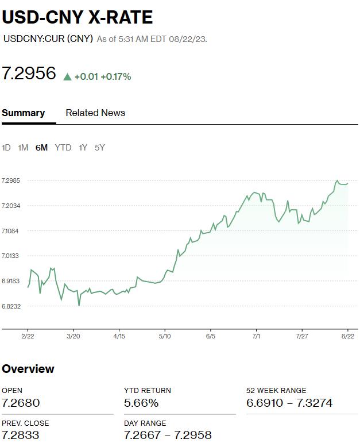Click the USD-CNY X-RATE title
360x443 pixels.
78,17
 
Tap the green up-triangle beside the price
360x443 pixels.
67,76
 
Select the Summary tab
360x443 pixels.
23,113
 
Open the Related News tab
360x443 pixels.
95,113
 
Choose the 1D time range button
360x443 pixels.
6,148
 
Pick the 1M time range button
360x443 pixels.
23,148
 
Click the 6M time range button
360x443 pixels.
41,148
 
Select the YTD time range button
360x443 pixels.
63,148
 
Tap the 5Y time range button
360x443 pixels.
100,148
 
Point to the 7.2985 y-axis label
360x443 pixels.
11,180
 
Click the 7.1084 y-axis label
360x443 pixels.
11,231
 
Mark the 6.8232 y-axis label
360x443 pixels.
11,306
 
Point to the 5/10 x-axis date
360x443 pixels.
165,336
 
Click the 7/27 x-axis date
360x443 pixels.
302,336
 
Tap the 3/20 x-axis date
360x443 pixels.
73,336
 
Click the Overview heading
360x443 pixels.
28,369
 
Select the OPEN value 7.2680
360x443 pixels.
21,403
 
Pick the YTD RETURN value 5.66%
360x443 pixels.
141,403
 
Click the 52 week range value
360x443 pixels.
289,403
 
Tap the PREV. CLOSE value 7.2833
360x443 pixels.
21,435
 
